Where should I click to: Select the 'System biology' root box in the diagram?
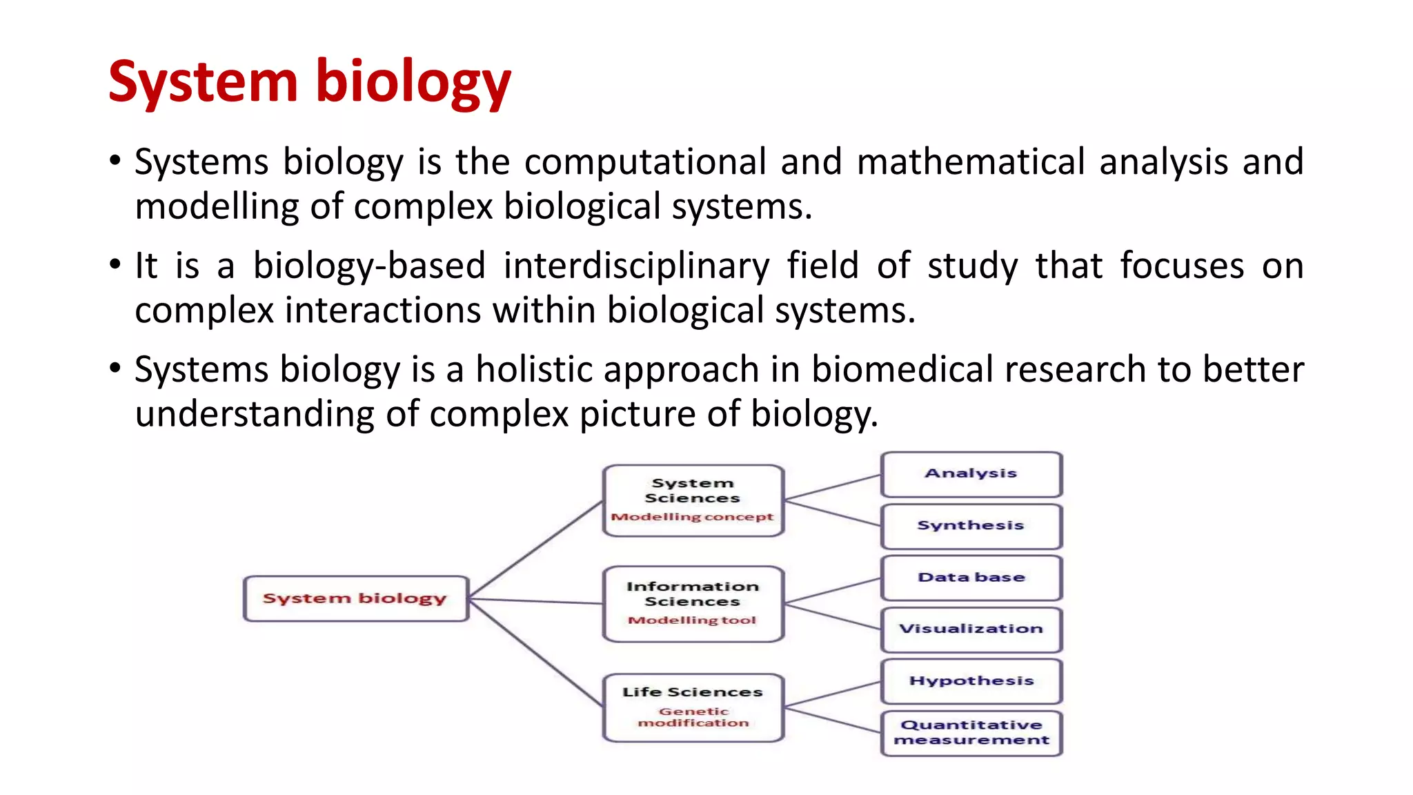coord(355,598)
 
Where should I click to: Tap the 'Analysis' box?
coord(971,474)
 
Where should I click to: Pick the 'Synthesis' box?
coord(971,526)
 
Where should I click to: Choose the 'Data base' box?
coord(971,578)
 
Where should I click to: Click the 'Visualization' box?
coord(971,629)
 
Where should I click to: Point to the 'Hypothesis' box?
coord(971,681)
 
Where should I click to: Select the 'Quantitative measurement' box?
coord(971,733)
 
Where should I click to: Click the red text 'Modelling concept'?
coord(692,517)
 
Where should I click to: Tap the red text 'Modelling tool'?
coord(692,620)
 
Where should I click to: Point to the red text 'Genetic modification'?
coord(693,717)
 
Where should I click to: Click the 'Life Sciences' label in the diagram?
coord(692,692)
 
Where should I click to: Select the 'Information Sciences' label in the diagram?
coord(692,594)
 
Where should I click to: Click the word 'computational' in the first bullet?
coord(645,163)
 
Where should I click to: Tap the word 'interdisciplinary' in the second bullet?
coord(636,266)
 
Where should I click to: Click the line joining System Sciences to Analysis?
coord(833,487)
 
